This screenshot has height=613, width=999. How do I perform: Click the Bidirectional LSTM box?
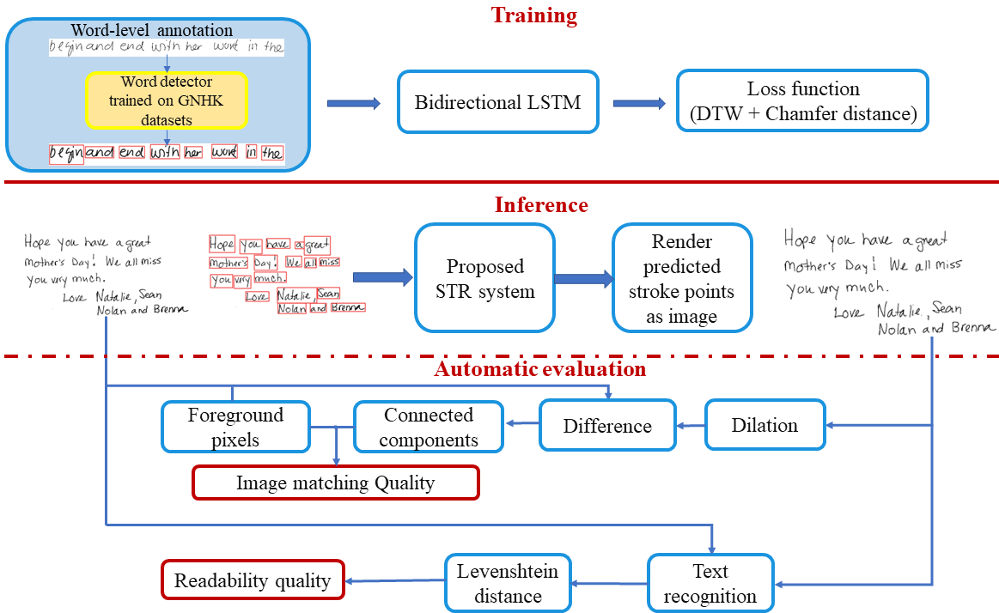click(497, 102)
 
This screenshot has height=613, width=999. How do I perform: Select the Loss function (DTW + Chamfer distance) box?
click(802, 100)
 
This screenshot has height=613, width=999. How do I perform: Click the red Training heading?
click(533, 15)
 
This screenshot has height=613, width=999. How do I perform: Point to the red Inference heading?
click(541, 205)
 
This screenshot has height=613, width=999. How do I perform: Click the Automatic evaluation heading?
click(539, 370)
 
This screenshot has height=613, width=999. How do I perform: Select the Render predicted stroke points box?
click(682, 278)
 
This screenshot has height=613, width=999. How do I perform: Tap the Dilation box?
click(764, 425)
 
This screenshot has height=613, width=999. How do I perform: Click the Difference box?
click(607, 426)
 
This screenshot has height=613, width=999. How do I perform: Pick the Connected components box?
click(429, 427)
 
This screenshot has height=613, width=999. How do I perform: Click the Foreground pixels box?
click(235, 427)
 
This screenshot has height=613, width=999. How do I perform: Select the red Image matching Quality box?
click(335, 483)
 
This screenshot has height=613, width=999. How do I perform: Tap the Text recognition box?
click(710, 582)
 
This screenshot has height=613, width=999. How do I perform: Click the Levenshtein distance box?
click(508, 582)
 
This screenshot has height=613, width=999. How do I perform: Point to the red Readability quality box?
click(253, 580)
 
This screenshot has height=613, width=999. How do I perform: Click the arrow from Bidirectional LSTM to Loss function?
click(638, 103)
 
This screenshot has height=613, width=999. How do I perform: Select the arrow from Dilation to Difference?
click(691, 425)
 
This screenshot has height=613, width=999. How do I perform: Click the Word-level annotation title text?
click(152, 31)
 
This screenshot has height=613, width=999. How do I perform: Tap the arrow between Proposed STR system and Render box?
click(584, 278)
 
